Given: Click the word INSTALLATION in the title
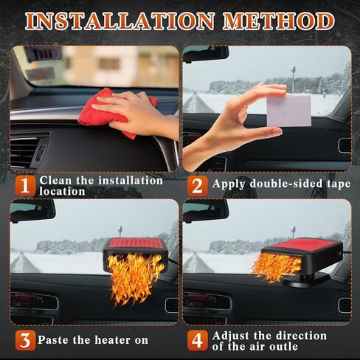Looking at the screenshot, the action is pos(120,21).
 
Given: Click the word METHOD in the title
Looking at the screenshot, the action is pos(279,21).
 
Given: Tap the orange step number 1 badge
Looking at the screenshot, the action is pos(25,186).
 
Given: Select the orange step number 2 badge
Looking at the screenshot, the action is pos(197,186).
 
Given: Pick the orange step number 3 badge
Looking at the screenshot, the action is pos(25,341).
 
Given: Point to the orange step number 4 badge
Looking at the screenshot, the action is pos(197,341).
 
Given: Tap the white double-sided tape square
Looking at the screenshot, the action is pos(288,111).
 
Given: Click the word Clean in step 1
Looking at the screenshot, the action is pos(55,181).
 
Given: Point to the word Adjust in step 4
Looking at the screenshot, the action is pos(231,336).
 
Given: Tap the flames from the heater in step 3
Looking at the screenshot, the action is pos(135,278).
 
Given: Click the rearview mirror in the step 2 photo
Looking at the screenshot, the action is pos(206,54).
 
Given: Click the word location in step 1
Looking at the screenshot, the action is pos(62,191).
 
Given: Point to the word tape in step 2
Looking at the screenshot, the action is pos(339,184).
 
